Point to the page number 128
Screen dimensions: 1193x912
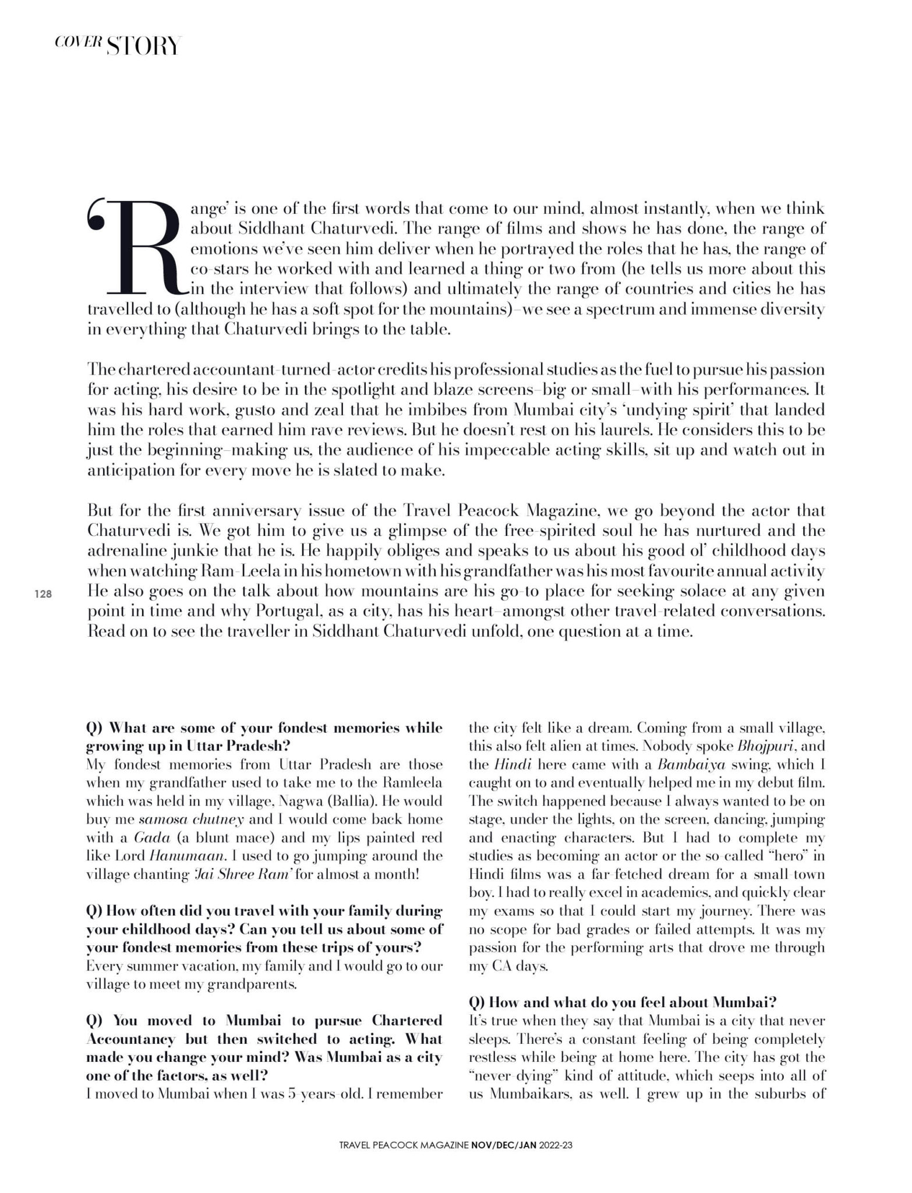[x=43, y=594]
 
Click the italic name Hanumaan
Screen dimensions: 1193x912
[x=187, y=856]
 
